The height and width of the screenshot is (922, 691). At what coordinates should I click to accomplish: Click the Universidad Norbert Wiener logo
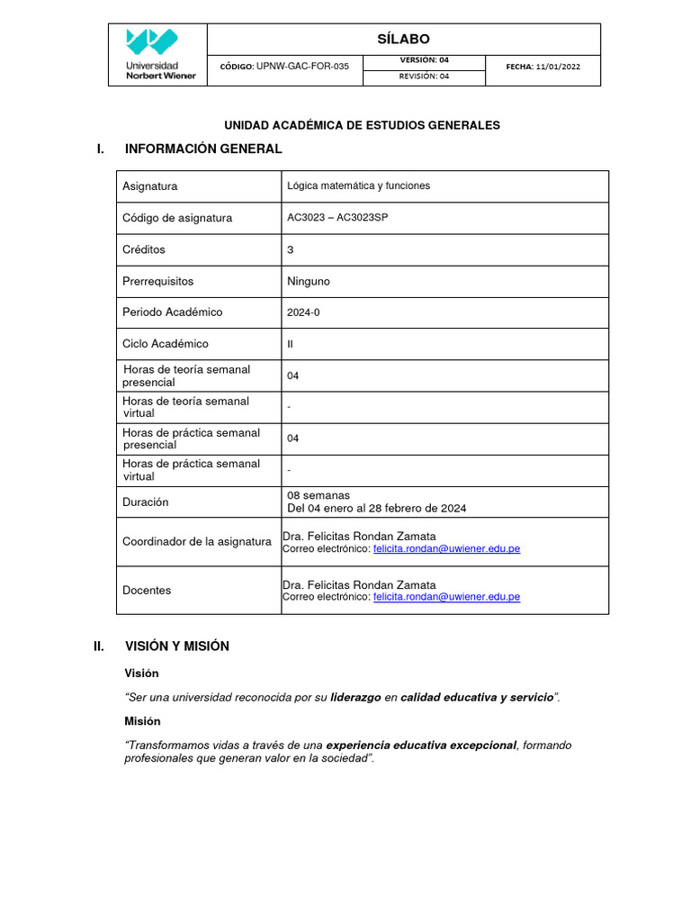click(x=157, y=54)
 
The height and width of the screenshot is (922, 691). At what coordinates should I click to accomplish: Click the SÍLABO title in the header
click(x=403, y=39)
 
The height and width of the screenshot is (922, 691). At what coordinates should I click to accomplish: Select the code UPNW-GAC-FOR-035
click(x=302, y=67)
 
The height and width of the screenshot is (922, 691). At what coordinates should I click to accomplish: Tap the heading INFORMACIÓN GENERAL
click(x=203, y=149)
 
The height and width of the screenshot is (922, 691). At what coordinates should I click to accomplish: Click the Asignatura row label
click(x=149, y=186)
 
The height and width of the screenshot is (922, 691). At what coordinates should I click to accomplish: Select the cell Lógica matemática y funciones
click(x=358, y=185)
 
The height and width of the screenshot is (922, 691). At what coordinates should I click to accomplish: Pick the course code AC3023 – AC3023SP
click(x=337, y=218)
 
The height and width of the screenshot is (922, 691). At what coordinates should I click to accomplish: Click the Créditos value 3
click(x=290, y=249)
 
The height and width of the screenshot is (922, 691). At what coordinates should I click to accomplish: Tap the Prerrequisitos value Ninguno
click(x=308, y=281)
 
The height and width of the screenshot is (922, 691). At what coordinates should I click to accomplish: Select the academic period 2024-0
click(x=303, y=312)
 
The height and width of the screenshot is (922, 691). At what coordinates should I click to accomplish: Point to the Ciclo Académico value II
click(x=290, y=344)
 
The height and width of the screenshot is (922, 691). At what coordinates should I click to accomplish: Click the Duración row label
click(x=145, y=502)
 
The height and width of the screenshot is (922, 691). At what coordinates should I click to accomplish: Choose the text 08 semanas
click(x=318, y=495)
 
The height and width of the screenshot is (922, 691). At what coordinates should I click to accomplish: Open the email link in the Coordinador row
click(x=446, y=548)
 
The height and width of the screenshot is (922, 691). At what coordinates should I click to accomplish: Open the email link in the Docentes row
click(x=446, y=596)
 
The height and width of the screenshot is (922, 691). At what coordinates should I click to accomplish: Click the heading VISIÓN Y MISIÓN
click(x=176, y=646)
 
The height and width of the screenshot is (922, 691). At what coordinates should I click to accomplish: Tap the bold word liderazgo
click(x=356, y=698)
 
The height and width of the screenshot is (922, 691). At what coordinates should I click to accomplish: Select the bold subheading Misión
click(x=142, y=721)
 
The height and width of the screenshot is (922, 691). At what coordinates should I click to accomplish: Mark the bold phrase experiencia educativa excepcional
click(x=421, y=746)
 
